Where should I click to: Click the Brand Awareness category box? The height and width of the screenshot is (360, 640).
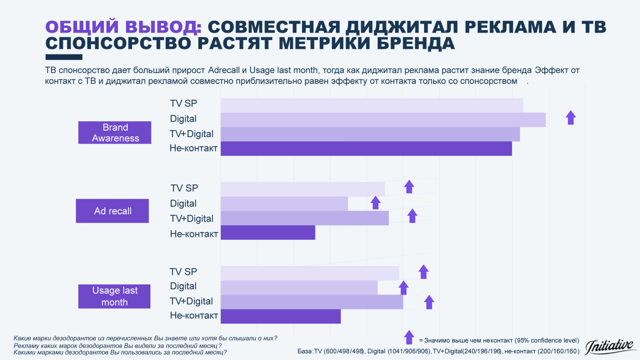click(115, 132)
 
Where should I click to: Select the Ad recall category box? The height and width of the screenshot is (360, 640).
click(112, 211)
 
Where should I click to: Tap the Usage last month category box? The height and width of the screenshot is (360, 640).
click(114, 296)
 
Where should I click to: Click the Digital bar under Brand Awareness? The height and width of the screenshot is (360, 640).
click(383, 120)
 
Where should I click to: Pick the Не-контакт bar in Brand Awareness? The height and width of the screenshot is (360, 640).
click(366, 148)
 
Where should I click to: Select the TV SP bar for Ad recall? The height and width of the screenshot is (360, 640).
click(302, 189)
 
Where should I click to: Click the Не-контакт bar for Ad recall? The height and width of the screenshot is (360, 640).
click(268, 232)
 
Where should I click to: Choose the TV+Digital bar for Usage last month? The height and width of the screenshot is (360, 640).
click(312, 302)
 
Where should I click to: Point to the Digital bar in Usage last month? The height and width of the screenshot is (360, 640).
click(299, 288)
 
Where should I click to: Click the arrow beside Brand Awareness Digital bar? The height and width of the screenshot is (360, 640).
click(571, 118)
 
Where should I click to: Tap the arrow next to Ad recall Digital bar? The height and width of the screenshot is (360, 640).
click(375, 202)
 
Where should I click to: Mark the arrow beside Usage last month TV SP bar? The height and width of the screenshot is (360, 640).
click(424, 272)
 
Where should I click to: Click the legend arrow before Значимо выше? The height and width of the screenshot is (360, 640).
click(409, 337)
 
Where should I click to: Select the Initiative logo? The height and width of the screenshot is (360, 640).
click(610, 346)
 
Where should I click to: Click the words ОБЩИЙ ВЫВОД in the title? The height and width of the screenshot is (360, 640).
click(123, 27)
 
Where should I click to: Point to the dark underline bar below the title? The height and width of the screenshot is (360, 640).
click(64, 57)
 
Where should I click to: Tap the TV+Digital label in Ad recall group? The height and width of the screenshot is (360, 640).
click(192, 219)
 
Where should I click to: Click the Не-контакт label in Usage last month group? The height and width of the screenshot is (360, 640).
click(194, 316)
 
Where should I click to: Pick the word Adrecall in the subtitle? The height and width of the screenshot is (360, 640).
click(224, 70)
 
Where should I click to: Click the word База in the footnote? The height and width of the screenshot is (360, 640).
click(305, 351)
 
